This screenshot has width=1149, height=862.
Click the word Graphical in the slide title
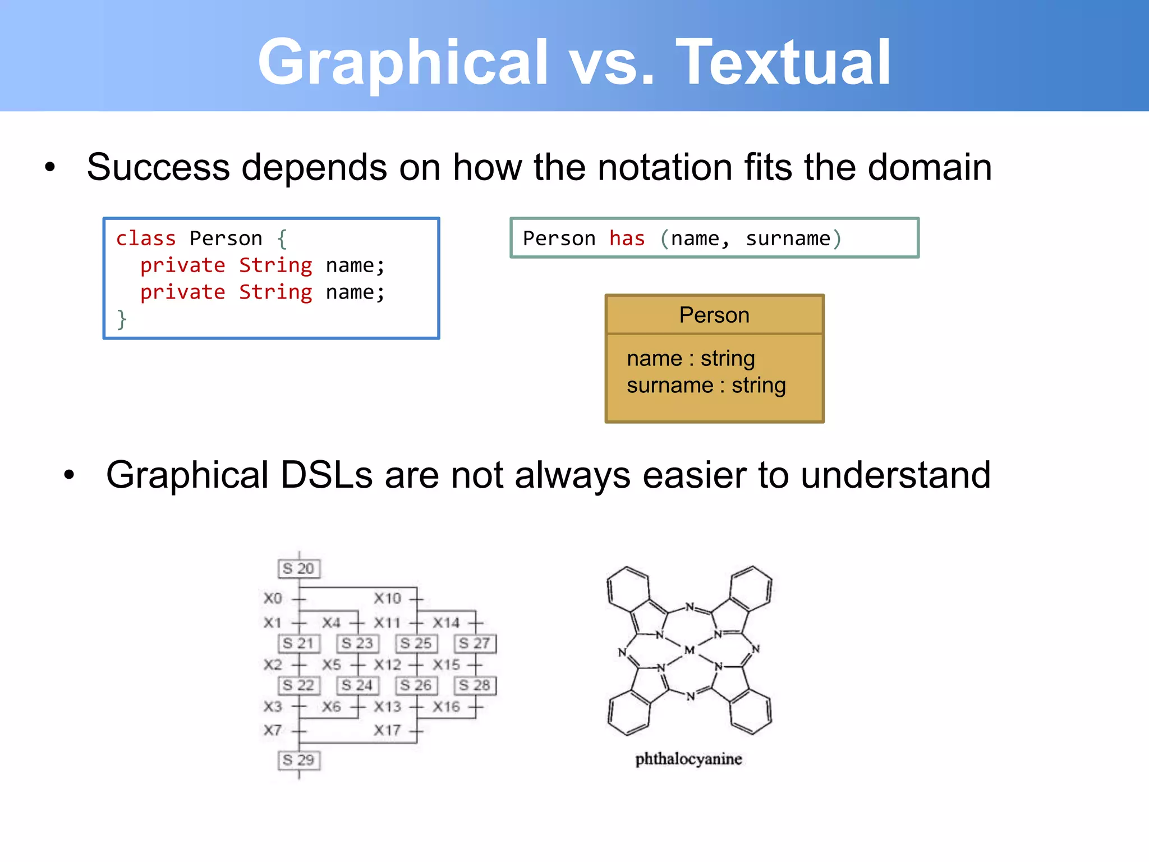click(x=403, y=62)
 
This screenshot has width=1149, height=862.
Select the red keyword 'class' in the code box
click(x=146, y=239)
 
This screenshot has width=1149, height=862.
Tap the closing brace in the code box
click(x=122, y=319)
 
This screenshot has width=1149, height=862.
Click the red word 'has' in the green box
click(x=627, y=239)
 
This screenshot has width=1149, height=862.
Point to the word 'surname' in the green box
click(x=788, y=239)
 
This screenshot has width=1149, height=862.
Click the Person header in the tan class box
click(x=714, y=315)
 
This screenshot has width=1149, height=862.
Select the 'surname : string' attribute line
click(x=706, y=386)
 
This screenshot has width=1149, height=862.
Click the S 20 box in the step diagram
click(x=299, y=568)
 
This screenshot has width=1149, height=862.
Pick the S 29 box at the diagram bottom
click(x=299, y=760)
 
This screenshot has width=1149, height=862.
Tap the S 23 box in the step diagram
click(x=357, y=643)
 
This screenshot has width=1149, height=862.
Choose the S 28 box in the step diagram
click(x=475, y=685)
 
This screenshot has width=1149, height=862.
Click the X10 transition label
click(x=388, y=598)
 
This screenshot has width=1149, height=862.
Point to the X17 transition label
click(x=388, y=730)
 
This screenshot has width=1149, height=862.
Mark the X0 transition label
click(x=273, y=598)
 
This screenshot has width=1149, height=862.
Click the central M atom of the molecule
click(x=690, y=650)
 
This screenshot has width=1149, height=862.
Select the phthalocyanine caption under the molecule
click(x=688, y=759)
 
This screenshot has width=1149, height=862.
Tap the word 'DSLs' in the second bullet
click(x=326, y=475)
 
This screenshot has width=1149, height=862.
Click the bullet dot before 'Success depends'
click(x=50, y=167)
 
